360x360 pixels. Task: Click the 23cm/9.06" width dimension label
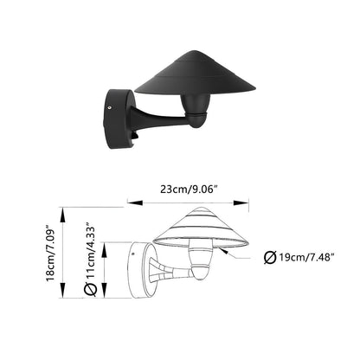click(189, 190)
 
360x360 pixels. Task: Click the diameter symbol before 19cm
click(270, 257)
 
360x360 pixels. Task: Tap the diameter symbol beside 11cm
click(90, 289)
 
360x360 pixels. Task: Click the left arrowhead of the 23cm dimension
click(135, 203)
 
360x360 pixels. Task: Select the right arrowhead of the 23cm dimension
click(241, 203)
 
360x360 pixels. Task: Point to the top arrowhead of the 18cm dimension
click(62, 215)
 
